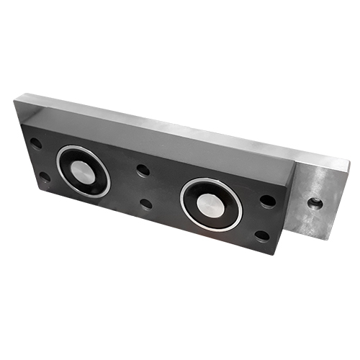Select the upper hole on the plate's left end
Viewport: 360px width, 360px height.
click(x=36, y=143)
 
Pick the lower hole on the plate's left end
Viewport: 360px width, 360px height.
click(x=44, y=176)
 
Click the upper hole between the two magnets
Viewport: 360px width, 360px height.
click(x=143, y=171)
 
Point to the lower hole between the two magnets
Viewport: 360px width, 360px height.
click(x=146, y=204)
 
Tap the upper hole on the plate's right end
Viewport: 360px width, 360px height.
click(x=267, y=201)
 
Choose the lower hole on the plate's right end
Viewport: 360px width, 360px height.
click(x=263, y=235)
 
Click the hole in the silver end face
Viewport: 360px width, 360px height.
click(x=315, y=203)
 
